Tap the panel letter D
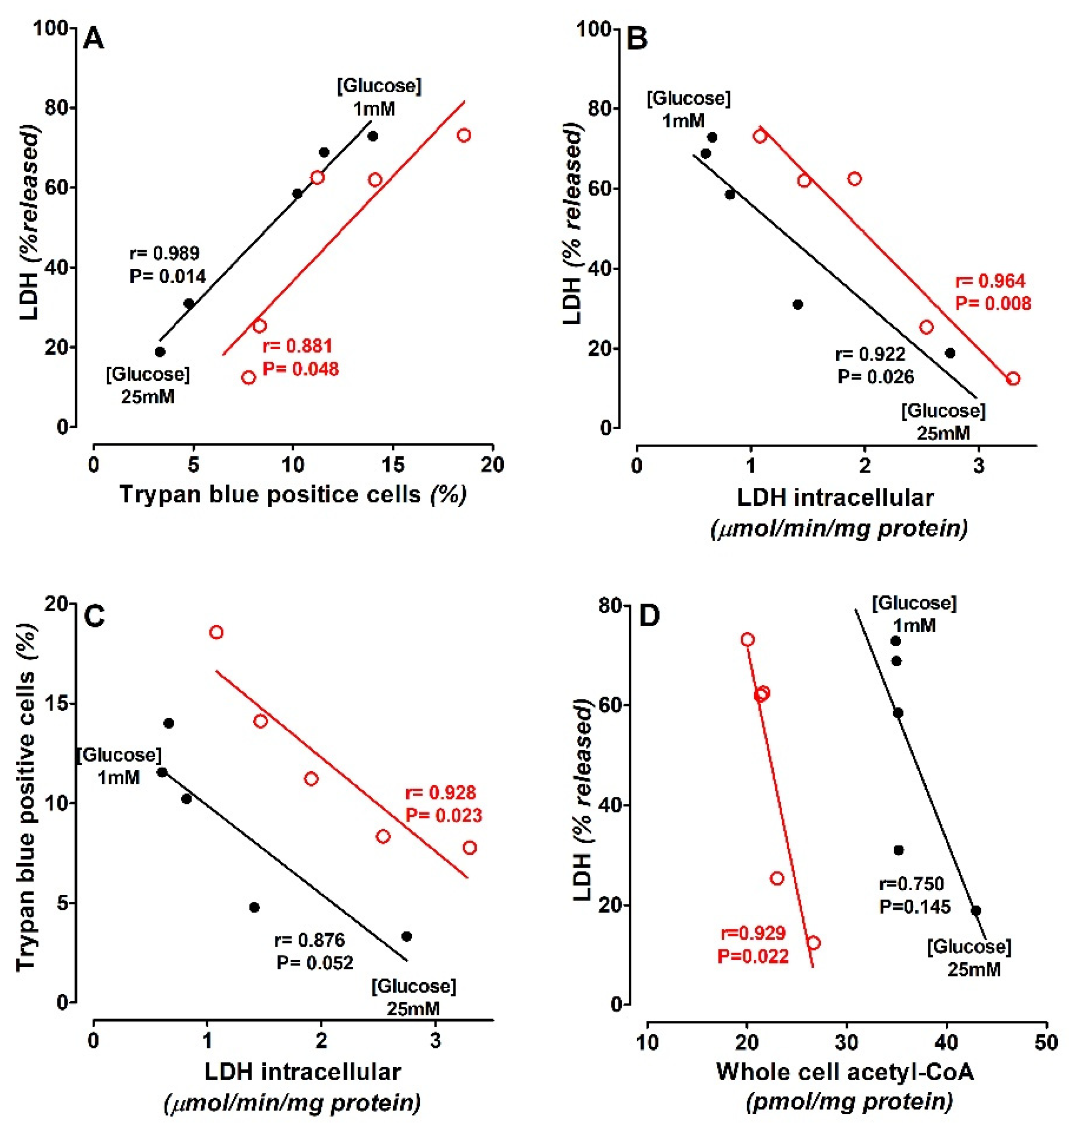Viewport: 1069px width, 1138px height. (649, 616)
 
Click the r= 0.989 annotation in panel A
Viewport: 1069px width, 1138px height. (164, 253)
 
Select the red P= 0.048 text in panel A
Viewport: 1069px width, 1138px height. (300, 369)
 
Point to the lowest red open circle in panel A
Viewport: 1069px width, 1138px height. (249, 377)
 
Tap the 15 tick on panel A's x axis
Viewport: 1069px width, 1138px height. (393, 465)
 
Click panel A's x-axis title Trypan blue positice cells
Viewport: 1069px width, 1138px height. (270, 494)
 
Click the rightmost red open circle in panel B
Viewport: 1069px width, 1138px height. (1013, 378)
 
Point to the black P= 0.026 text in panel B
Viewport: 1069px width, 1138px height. (875, 377)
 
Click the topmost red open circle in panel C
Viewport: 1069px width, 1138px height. (216, 632)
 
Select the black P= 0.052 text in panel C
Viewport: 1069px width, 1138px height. (315, 963)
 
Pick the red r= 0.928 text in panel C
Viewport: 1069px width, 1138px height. (440, 792)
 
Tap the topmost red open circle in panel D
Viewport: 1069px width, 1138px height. (747, 639)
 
